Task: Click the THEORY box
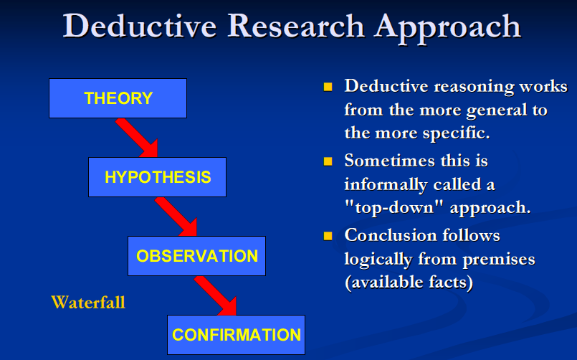coord(118,98)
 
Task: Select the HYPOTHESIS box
coord(157,177)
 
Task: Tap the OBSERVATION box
coord(196,256)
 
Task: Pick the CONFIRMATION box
coord(237,335)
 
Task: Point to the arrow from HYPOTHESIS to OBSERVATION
coord(177,217)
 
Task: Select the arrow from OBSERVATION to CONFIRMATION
coord(216,296)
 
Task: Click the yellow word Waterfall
coord(88,302)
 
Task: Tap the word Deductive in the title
coord(140,26)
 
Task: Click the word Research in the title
coord(296,26)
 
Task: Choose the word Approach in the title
coord(447,28)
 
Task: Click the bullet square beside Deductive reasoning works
coord(328,87)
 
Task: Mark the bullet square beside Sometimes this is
coord(328,161)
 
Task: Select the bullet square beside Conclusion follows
coord(328,236)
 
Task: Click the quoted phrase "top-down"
coord(394,208)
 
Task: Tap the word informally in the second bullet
coord(386,185)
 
